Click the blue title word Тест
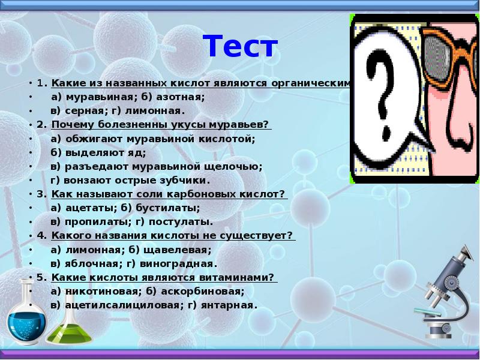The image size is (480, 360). [x=240, y=46]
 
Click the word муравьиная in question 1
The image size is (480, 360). [x=91, y=97]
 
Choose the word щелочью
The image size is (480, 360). [x=236, y=166]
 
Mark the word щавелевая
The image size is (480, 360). [x=179, y=249]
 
